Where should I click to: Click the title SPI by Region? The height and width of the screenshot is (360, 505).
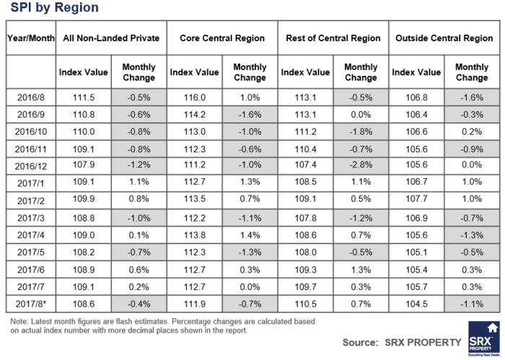coord(54,7)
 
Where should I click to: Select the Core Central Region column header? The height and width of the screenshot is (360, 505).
coord(222,38)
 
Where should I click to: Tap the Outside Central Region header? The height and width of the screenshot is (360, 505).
coord(444,38)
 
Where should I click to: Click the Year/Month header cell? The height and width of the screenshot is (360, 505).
coord(31,38)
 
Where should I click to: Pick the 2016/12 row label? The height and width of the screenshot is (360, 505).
coord(31,166)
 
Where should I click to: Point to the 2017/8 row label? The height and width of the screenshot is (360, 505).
coord(31,304)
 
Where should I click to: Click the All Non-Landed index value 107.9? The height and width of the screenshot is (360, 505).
coord(84,164)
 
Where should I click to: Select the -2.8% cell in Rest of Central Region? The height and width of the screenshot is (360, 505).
coord(361,164)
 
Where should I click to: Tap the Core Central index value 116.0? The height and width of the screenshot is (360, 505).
coord(195,97)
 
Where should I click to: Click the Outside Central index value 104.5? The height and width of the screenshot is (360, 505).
coord(416,304)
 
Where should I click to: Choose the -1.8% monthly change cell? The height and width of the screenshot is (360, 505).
coord(361,132)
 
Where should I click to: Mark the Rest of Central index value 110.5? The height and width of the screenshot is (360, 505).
coord(305,304)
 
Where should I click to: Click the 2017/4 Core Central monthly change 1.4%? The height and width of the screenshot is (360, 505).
coord(250,235)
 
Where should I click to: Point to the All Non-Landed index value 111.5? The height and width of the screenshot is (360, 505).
coord(84,97)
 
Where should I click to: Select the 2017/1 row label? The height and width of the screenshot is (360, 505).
coord(31,183)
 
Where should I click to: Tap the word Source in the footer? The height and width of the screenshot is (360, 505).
coord(360,342)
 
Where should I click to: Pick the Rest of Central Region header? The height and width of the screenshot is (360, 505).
coord(333,38)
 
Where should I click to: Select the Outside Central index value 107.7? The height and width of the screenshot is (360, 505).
coord(416,198)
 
